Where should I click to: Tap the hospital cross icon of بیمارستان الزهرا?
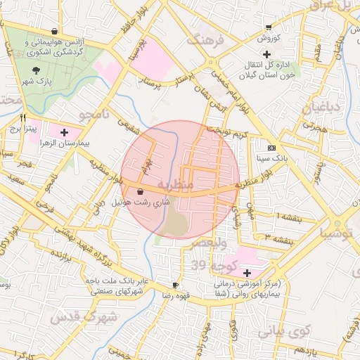[65, 131]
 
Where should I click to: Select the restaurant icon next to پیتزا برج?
[24, 118]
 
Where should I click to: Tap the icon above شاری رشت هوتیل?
[141, 191]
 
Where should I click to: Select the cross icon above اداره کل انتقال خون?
[266, 54]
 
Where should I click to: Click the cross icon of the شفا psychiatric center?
[247, 272]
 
